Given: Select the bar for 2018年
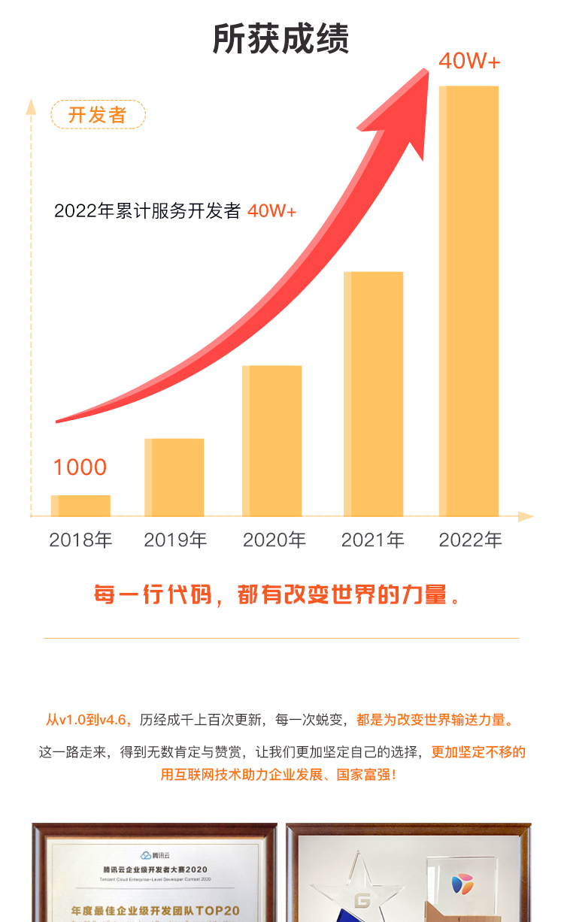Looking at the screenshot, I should coord(80,506).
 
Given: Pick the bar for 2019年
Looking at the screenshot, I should coord(174,477).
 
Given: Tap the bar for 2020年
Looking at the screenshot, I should coord(271,441).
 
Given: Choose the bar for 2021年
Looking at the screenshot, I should coord(373,394).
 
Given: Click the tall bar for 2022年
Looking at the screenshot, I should coord(468,301).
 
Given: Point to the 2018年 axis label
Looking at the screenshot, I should coord(80,540).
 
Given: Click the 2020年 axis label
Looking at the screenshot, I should coord(274,540).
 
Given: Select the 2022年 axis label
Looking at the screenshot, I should coord(470,540).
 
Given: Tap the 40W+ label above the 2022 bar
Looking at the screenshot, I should coord(469,62).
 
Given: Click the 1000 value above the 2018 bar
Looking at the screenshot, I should coord(80,467).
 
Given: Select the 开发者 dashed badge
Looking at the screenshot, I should coord(98,115).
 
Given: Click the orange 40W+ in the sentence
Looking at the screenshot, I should coord(271,211).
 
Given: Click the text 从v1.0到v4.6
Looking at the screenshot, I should coord(89,720).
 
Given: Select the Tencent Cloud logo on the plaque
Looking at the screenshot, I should coord(145,855).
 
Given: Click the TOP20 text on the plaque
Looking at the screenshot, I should coord(220,911).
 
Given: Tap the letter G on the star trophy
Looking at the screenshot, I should coord(364,900).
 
